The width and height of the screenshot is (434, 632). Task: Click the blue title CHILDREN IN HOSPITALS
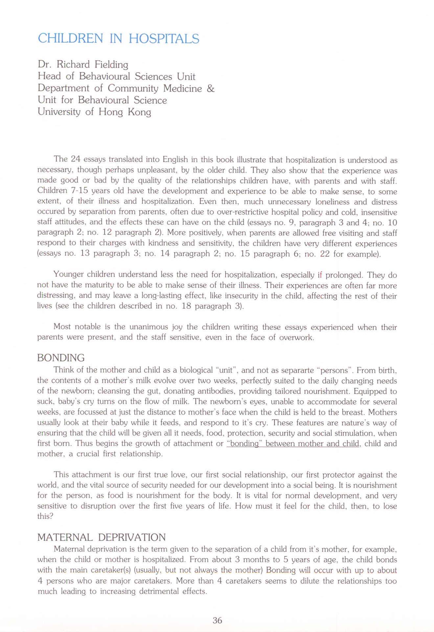118,38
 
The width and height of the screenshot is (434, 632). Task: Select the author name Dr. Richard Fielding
83,64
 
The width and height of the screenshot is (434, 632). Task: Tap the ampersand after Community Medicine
211,88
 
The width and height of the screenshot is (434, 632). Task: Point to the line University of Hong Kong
94,112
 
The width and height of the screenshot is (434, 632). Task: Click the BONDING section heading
61,358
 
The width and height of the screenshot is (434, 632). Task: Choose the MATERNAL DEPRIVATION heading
102,537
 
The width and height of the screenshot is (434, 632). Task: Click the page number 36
217,620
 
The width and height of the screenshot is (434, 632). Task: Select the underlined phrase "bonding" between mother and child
293,443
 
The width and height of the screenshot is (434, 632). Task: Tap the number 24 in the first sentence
76,159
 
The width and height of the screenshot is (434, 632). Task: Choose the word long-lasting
178,295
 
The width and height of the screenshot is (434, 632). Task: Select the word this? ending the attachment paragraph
45,516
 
